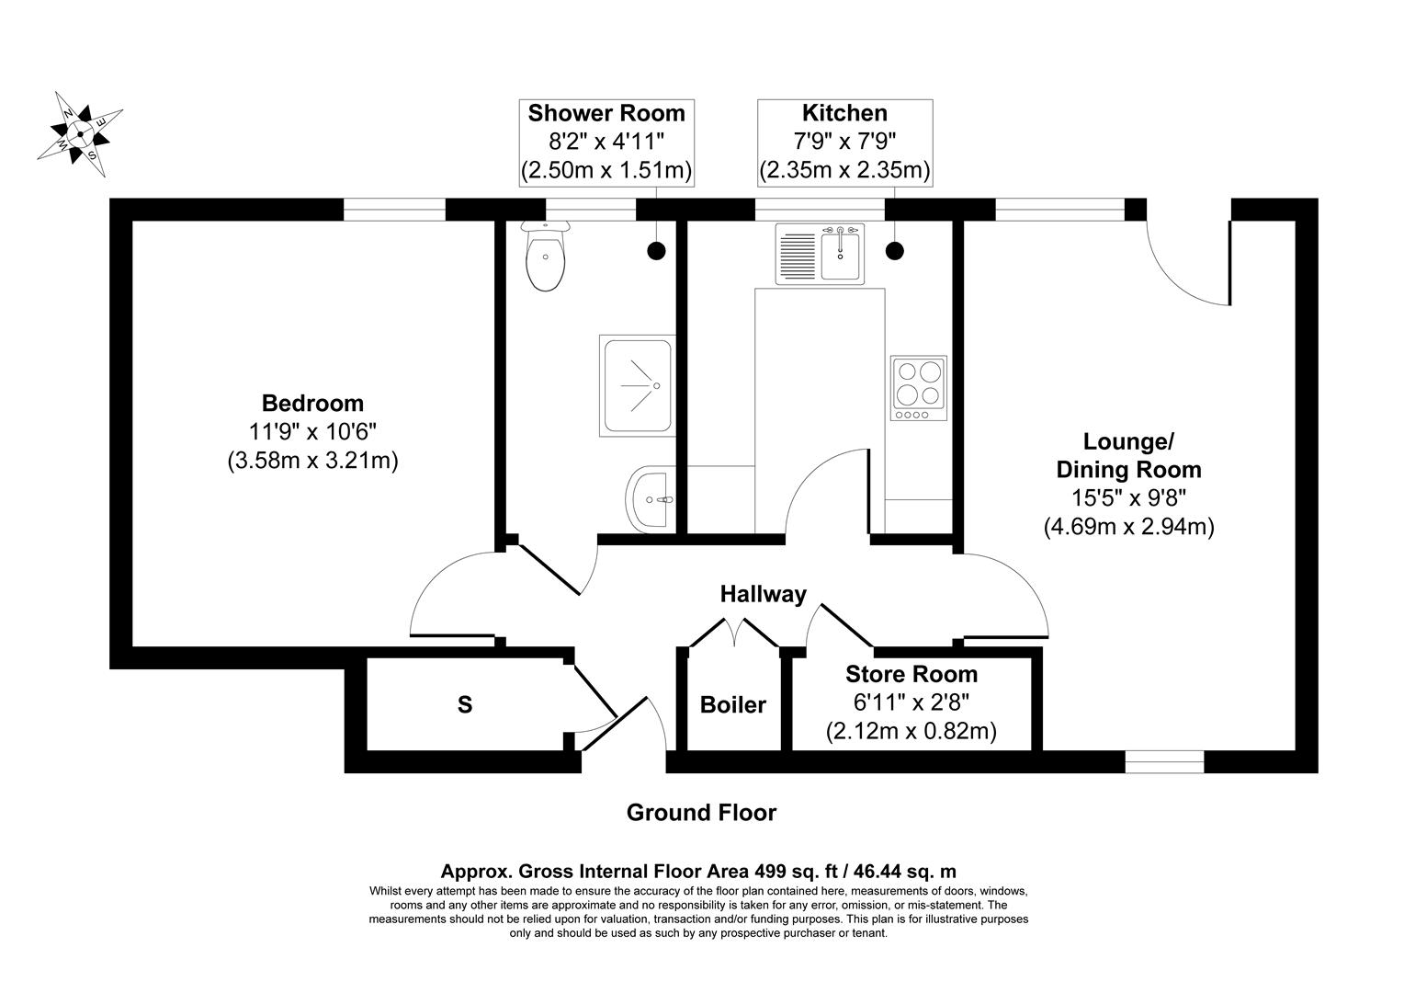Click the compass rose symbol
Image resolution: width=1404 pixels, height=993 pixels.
tap(80, 134)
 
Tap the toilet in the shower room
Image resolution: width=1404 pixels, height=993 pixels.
tap(545, 257)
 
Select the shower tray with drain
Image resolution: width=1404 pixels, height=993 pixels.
tap(638, 384)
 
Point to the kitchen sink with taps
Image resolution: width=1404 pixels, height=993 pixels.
tap(821, 253)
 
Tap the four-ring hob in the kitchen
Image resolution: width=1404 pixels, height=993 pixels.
tap(918, 388)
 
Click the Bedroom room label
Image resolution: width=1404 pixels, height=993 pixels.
tap(312, 403)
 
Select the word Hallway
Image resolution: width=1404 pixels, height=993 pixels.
tap(763, 594)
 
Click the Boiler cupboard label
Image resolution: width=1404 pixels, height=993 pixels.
tap(732, 705)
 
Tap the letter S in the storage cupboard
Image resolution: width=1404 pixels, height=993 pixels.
tap(465, 705)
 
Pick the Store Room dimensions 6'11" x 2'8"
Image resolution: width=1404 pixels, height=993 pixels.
tap(911, 702)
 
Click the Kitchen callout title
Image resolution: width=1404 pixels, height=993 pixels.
tap(844, 113)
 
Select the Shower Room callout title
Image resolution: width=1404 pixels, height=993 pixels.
tap(606, 113)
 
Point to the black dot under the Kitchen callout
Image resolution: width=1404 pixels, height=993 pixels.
tap(893, 249)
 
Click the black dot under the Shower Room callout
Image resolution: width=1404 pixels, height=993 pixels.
tap(656, 249)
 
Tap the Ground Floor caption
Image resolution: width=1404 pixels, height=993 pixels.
tap(701, 813)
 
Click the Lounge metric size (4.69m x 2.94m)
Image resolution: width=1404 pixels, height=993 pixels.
tap(1128, 527)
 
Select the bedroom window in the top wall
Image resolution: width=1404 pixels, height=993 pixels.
tap(394, 210)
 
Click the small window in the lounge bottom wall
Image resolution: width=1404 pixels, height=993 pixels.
tap(1164, 761)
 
